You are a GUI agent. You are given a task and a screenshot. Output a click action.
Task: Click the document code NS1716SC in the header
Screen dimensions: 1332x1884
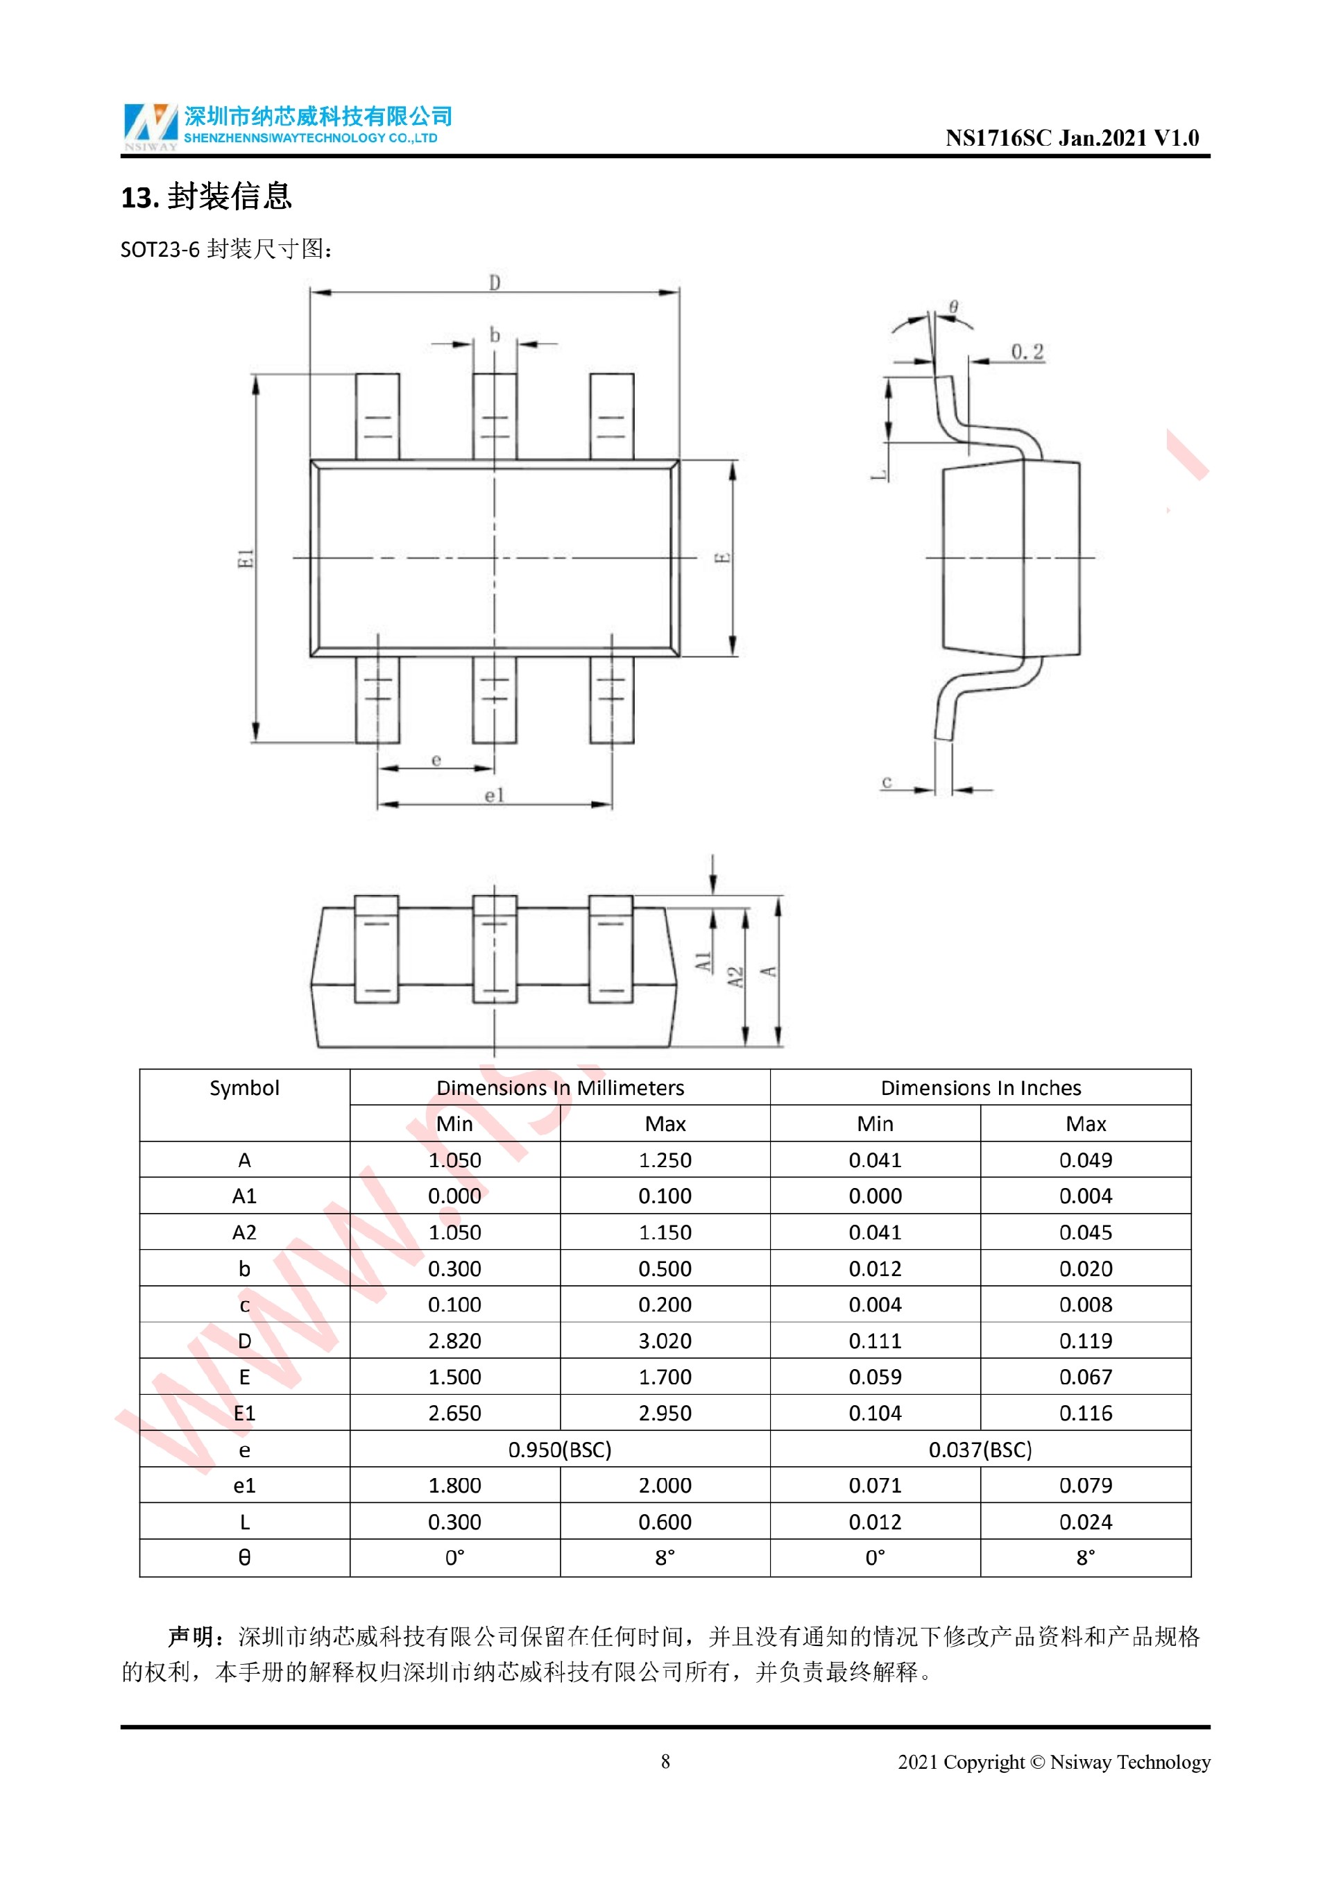coord(998,138)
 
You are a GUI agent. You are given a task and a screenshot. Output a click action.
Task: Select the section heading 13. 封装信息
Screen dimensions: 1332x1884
coord(206,197)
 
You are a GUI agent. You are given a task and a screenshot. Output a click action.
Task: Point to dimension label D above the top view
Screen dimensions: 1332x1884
coord(495,282)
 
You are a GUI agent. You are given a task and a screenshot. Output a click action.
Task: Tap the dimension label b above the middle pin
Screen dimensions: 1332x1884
coord(495,334)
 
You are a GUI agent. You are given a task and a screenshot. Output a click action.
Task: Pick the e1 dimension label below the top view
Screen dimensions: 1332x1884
coord(495,795)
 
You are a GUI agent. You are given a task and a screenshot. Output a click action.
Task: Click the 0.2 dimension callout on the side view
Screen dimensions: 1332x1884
coord(1027,352)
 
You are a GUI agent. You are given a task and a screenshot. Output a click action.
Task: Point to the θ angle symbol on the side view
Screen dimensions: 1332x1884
coord(953,307)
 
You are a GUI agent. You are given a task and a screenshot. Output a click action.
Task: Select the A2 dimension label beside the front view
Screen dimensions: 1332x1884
coord(735,977)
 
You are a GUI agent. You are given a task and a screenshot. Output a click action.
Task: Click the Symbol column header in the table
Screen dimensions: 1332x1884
coord(244,1088)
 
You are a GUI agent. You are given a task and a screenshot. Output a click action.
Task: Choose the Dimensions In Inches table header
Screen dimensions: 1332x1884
coord(981,1088)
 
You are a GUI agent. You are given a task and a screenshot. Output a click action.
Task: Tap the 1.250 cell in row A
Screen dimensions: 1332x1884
coord(665,1160)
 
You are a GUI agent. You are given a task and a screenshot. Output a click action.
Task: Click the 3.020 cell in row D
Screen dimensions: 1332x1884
coord(665,1341)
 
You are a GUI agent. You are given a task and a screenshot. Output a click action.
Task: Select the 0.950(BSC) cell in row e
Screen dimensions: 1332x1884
coord(560,1450)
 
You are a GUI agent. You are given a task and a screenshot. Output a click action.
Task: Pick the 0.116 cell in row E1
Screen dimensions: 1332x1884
coord(1086,1413)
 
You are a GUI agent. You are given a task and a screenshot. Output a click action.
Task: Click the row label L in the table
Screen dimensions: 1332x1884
coord(244,1522)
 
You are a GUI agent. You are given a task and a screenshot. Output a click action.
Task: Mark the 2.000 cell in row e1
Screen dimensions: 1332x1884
coord(665,1485)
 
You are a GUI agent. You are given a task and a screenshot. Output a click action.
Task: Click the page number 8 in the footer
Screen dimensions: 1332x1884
coord(665,1762)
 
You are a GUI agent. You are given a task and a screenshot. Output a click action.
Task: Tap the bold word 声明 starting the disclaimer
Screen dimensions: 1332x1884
coord(191,1637)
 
